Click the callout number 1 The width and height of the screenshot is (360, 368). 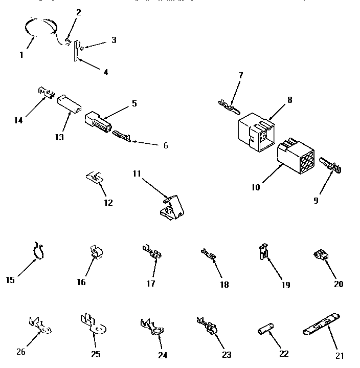pos(21,55)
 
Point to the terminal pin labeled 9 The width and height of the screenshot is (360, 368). pos(332,166)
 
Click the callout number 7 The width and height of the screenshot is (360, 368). pos(240,75)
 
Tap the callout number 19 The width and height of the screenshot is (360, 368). pos(285,285)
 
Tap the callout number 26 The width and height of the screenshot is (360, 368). pos(20,352)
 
